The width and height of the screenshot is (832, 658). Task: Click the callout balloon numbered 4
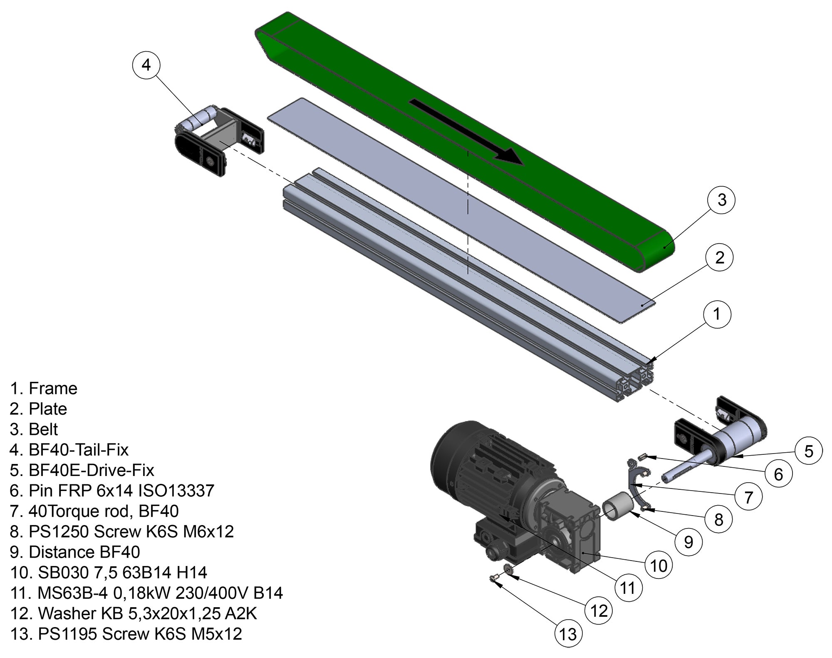point(146,65)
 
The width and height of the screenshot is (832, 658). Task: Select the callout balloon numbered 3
point(722,199)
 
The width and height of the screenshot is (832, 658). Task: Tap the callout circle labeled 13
point(568,634)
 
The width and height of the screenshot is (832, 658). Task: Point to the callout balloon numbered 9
point(688,542)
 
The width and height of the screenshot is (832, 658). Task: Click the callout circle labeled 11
point(628,588)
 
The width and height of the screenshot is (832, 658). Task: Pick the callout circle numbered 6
point(778,474)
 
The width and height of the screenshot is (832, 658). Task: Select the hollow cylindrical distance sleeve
point(618,506)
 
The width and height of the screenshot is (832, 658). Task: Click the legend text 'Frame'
point(53,389)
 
